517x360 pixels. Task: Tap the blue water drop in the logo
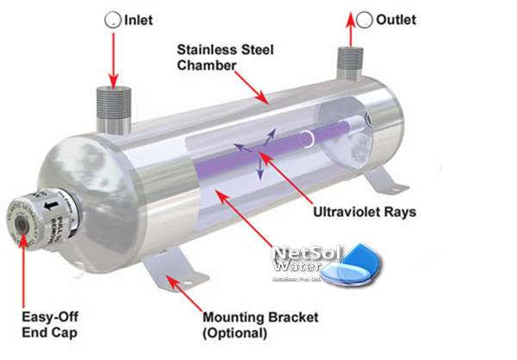(355, 270)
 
